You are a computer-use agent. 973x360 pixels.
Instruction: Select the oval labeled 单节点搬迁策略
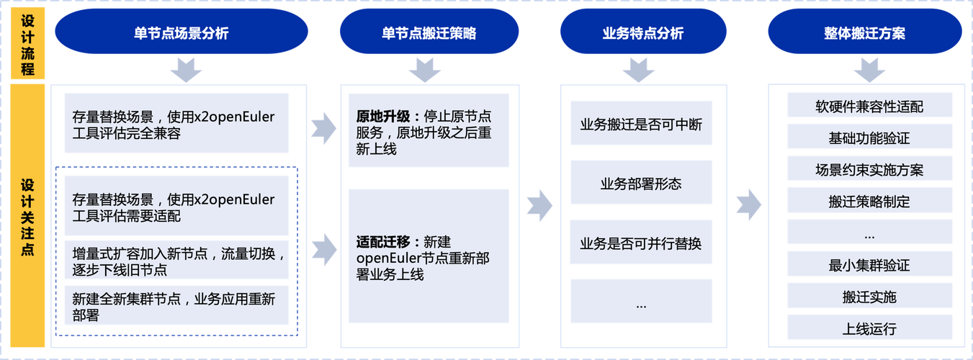[x=429, y=33]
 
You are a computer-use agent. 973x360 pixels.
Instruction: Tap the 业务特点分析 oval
[x=642, y=33]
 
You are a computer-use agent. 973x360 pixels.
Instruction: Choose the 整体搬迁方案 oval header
[x=864, y=33]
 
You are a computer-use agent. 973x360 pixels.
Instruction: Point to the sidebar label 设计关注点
[x=27, y=216]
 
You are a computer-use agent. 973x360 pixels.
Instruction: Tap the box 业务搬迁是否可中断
[x=640, y=124]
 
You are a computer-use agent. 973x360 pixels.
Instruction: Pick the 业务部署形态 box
[x=640, y=184]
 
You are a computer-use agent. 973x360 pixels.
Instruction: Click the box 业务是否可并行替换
[x=640, y=243]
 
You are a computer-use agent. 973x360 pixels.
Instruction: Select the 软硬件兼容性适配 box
[x=869, y=107]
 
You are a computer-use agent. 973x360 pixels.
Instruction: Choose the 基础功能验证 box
[x=869, y=138]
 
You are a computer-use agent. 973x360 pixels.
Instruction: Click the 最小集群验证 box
[x=869, y=265]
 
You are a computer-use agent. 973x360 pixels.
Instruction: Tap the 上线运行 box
[x=869, y=328]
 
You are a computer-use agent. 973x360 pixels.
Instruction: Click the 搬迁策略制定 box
[x=869, y=202]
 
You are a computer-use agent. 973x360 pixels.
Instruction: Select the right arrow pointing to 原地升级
[x=323, y=127]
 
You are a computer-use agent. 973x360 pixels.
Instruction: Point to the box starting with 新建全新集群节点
[x=176, y=306]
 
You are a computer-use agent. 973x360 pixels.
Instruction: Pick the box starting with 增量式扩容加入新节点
[x=176, y=261]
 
